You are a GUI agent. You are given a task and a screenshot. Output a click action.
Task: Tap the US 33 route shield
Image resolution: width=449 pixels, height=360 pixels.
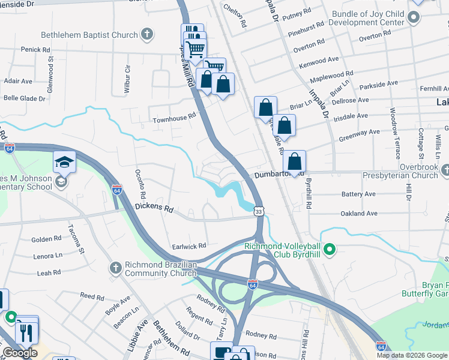[x=258, y=211]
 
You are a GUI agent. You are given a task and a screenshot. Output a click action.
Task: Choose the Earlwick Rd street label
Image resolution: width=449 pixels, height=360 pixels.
[x=190, y=245]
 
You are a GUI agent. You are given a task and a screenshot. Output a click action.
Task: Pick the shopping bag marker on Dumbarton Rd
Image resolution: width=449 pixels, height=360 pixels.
[x=294, y=162]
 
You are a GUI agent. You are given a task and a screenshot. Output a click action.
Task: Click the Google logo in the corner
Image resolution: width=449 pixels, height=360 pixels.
[x=19, y=353]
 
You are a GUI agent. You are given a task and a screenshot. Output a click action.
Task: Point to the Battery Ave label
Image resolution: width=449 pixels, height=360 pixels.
[x=358, y=194]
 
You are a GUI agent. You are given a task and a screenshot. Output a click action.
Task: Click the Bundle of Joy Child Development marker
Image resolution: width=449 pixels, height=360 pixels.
[x=413, y=17]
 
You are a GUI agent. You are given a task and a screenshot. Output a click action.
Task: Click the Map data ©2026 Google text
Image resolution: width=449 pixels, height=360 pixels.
[x=412, y=355]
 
